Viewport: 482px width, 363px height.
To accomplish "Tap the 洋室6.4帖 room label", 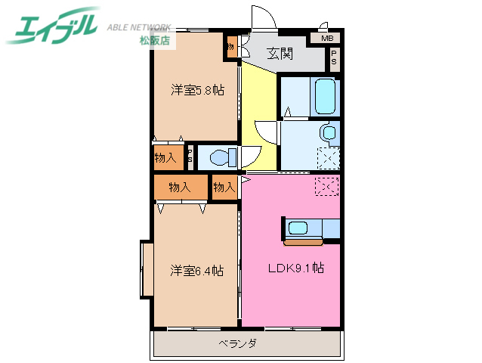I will (196, 270).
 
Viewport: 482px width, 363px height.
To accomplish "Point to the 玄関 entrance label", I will (280, 53).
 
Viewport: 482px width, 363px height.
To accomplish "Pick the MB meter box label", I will (326, 38).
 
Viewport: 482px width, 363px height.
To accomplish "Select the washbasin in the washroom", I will (329, 133).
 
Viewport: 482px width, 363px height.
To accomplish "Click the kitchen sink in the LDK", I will (297, 228).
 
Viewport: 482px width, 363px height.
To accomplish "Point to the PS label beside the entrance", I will (333, 57).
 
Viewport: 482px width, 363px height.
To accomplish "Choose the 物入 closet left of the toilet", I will (165, 158).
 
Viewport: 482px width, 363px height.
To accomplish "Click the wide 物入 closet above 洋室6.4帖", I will (180, 186).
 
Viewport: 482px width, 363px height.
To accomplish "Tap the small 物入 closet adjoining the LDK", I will (224, 186).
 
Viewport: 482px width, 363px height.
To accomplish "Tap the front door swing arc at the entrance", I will (261, 17).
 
